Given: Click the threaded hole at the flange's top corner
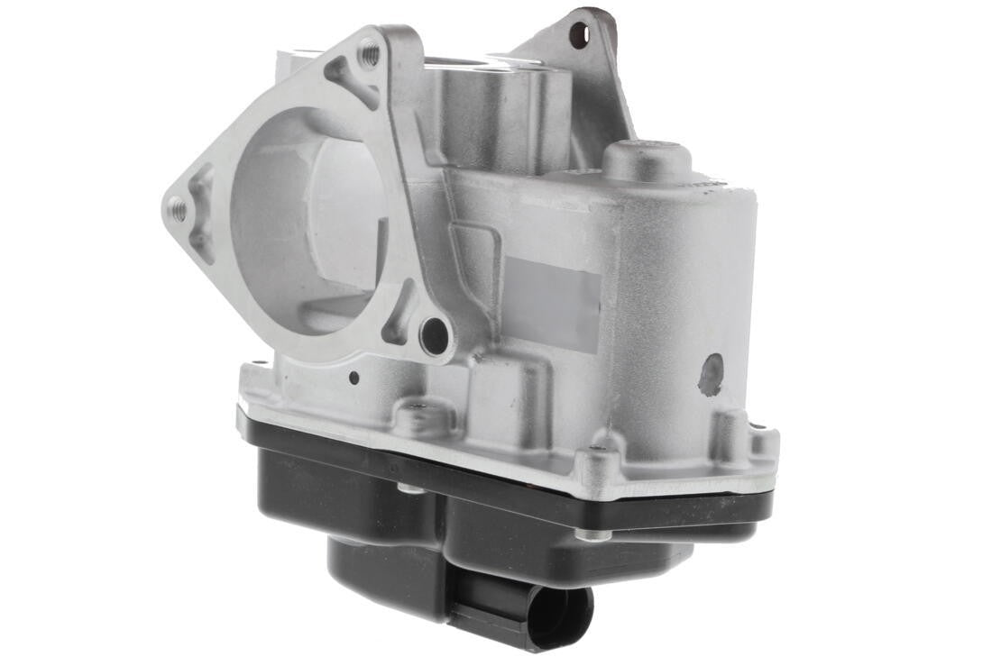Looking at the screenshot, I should [x=369, y=53].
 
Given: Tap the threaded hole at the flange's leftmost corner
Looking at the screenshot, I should [x=179, y=211].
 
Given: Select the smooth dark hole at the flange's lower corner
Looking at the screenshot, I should [x=435, y=335].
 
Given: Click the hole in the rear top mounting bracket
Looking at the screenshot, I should [x=578, y=36].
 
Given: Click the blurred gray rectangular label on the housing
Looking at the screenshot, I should [x=552, y=301].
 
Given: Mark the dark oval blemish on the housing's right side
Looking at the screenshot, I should [x=711, y=374].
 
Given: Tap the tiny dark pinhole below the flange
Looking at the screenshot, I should [x=354, y=379].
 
